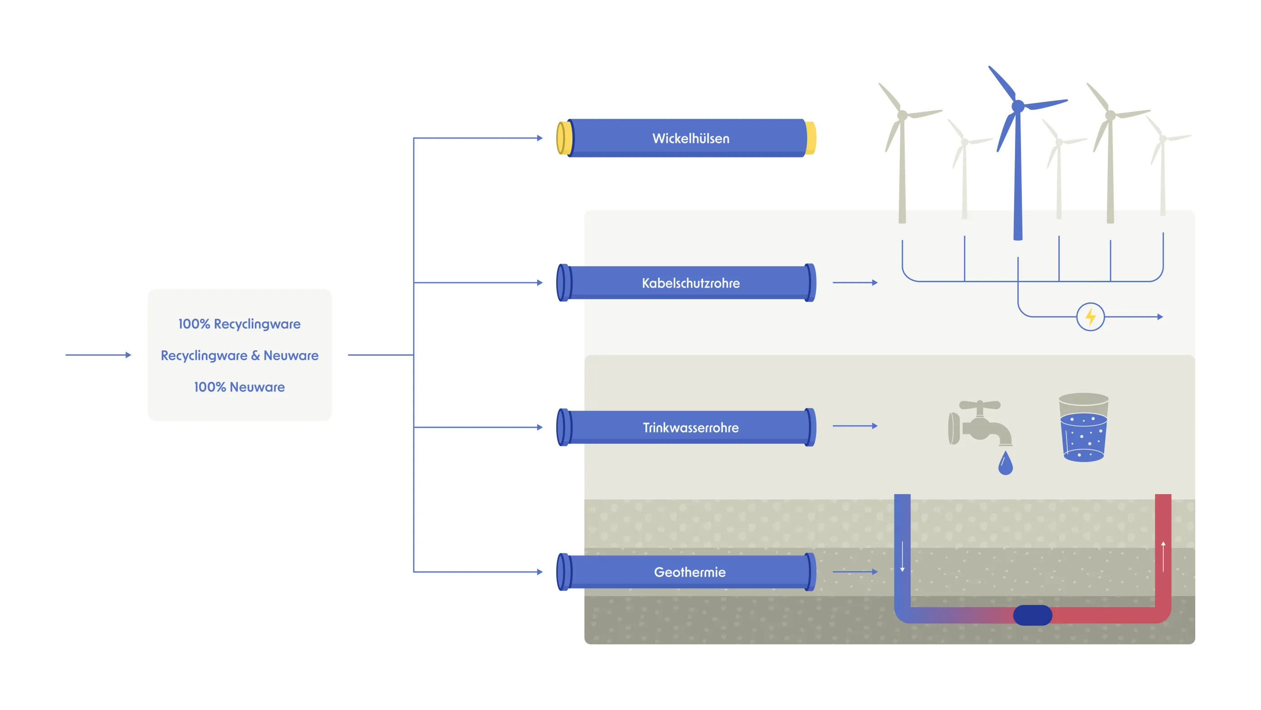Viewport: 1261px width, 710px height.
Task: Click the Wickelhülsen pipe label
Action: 690,139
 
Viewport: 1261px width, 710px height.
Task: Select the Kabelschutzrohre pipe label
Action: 690,283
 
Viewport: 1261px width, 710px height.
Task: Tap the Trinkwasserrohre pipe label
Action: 690,428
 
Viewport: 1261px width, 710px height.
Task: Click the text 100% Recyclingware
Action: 240,324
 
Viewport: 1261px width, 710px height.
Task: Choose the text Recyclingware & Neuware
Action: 240,355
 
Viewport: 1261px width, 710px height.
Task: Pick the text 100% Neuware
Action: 240,387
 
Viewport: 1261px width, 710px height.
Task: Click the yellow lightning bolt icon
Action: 1090,317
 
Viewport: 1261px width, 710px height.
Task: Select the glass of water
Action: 1083,428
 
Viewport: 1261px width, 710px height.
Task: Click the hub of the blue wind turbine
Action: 1018,106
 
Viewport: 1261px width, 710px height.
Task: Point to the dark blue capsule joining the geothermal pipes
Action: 1032,615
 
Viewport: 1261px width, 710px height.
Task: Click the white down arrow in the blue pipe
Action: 902,557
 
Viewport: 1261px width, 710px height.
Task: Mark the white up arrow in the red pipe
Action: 1163,557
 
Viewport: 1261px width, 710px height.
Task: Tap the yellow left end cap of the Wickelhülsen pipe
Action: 564,138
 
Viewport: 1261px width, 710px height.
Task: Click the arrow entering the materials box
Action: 98,355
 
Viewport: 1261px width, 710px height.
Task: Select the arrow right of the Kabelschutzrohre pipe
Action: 855,283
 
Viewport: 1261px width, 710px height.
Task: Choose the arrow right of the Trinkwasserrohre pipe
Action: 855,426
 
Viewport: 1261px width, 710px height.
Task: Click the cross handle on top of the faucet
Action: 980,405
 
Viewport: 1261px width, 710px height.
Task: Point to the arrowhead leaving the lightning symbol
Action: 1160,317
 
